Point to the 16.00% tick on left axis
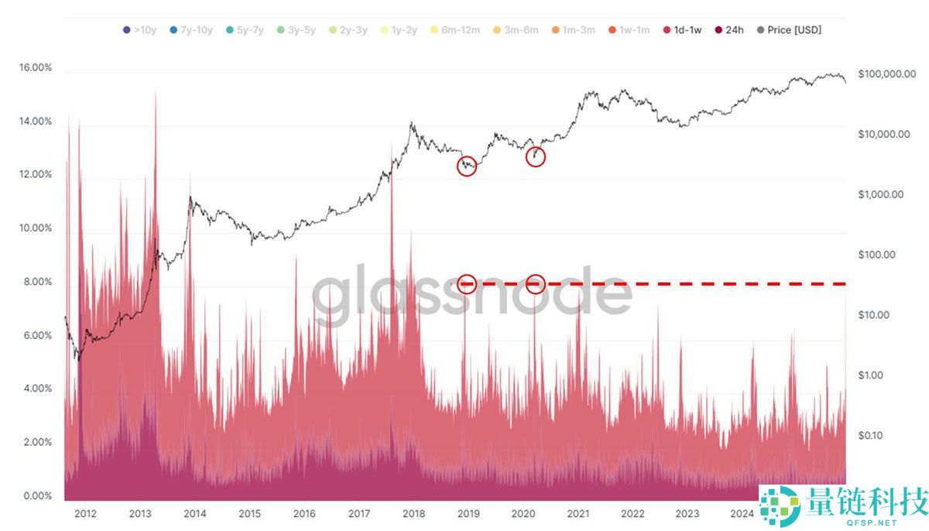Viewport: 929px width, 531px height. coord(36,68)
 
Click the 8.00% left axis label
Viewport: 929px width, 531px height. coord(36,283)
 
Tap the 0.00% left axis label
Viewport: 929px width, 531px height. coord(36,496)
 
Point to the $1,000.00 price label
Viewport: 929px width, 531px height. coord(881,194)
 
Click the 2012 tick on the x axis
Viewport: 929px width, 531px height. coord(85,513)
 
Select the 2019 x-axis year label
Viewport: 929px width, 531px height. coord(468,513)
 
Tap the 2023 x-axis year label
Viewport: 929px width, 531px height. coord(687,513)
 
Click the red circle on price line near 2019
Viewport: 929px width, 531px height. coord(467,166)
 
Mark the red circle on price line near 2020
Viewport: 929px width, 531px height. coord(536,156)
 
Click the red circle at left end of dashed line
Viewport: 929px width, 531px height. coord(467,284)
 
